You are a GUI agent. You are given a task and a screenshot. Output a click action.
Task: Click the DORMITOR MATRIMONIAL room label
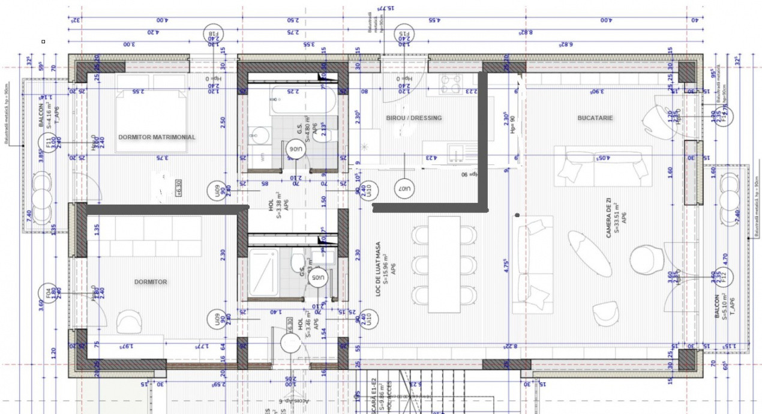(157, 137)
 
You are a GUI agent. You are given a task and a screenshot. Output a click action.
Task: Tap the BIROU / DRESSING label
(414, 118)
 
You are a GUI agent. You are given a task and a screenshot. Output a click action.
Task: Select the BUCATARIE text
(595, 118)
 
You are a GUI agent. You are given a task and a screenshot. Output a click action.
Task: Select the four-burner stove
(450, 85)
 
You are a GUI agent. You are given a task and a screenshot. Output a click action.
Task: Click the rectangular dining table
(444, 265)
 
